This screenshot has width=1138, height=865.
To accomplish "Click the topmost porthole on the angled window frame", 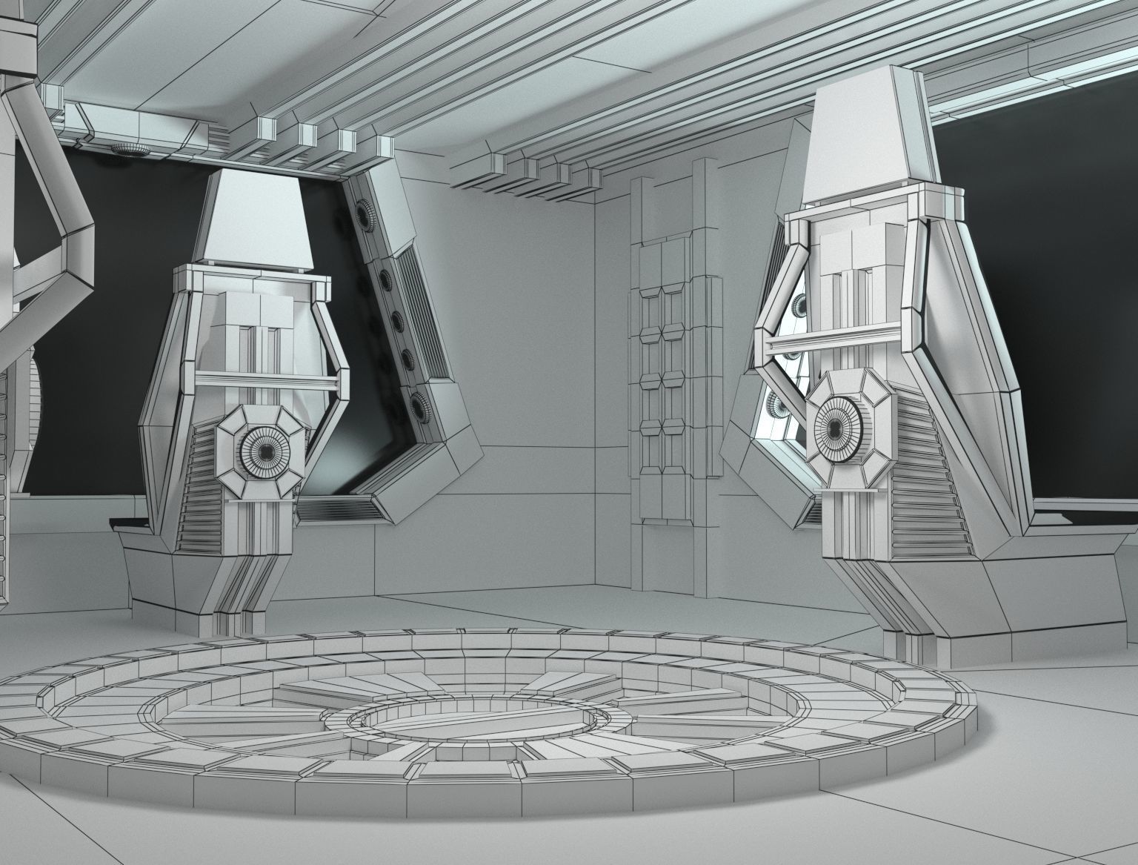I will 366,214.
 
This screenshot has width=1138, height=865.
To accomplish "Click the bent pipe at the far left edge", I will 56,222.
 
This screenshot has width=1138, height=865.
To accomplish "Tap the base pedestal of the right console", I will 934,593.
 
